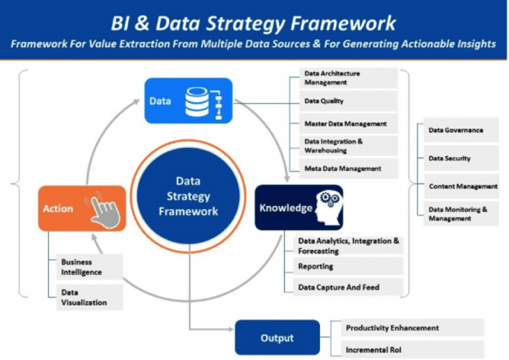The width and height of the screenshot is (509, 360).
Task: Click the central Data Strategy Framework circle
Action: [188, 196]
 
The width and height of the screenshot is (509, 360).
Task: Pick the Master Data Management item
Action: [345, 123]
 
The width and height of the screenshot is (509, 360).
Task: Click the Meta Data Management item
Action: [343, 168]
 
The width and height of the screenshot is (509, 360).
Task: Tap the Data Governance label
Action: [456, 130]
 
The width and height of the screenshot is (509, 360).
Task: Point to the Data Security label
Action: [450, 158]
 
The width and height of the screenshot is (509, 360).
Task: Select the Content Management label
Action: [463, 186]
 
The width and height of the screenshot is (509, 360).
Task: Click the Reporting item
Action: [316, 267]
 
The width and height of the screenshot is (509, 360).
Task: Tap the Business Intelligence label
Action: [82, 267]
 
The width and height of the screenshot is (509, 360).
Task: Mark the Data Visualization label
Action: [83, 296]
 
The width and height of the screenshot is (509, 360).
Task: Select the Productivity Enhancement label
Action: [392, 328]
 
